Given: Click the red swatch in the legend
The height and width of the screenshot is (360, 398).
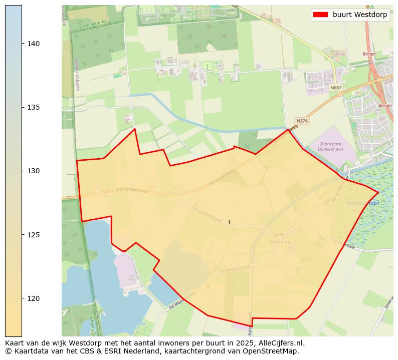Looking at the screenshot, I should click(320, 15).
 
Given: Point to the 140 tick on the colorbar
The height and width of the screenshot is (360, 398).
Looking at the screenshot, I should click(33, 44).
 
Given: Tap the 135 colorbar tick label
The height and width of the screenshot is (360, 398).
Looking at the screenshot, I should click(33, 107).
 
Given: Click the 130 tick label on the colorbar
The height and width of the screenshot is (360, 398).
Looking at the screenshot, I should click(33, 171).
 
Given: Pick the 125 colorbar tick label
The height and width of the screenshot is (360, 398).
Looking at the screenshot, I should click(33, 234).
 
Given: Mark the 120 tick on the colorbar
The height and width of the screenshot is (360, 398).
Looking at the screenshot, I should click(33, 298).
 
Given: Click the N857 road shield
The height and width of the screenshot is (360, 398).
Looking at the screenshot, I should click(336, 88).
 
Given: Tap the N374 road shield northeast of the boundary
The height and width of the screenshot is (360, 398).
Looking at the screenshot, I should click(302, 121).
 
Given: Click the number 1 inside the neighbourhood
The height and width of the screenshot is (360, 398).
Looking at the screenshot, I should click(229, 222).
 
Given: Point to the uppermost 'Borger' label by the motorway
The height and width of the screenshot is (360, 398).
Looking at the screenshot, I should click(369, 54).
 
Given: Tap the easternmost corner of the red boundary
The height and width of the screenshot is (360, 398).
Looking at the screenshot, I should click(378, 192).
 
